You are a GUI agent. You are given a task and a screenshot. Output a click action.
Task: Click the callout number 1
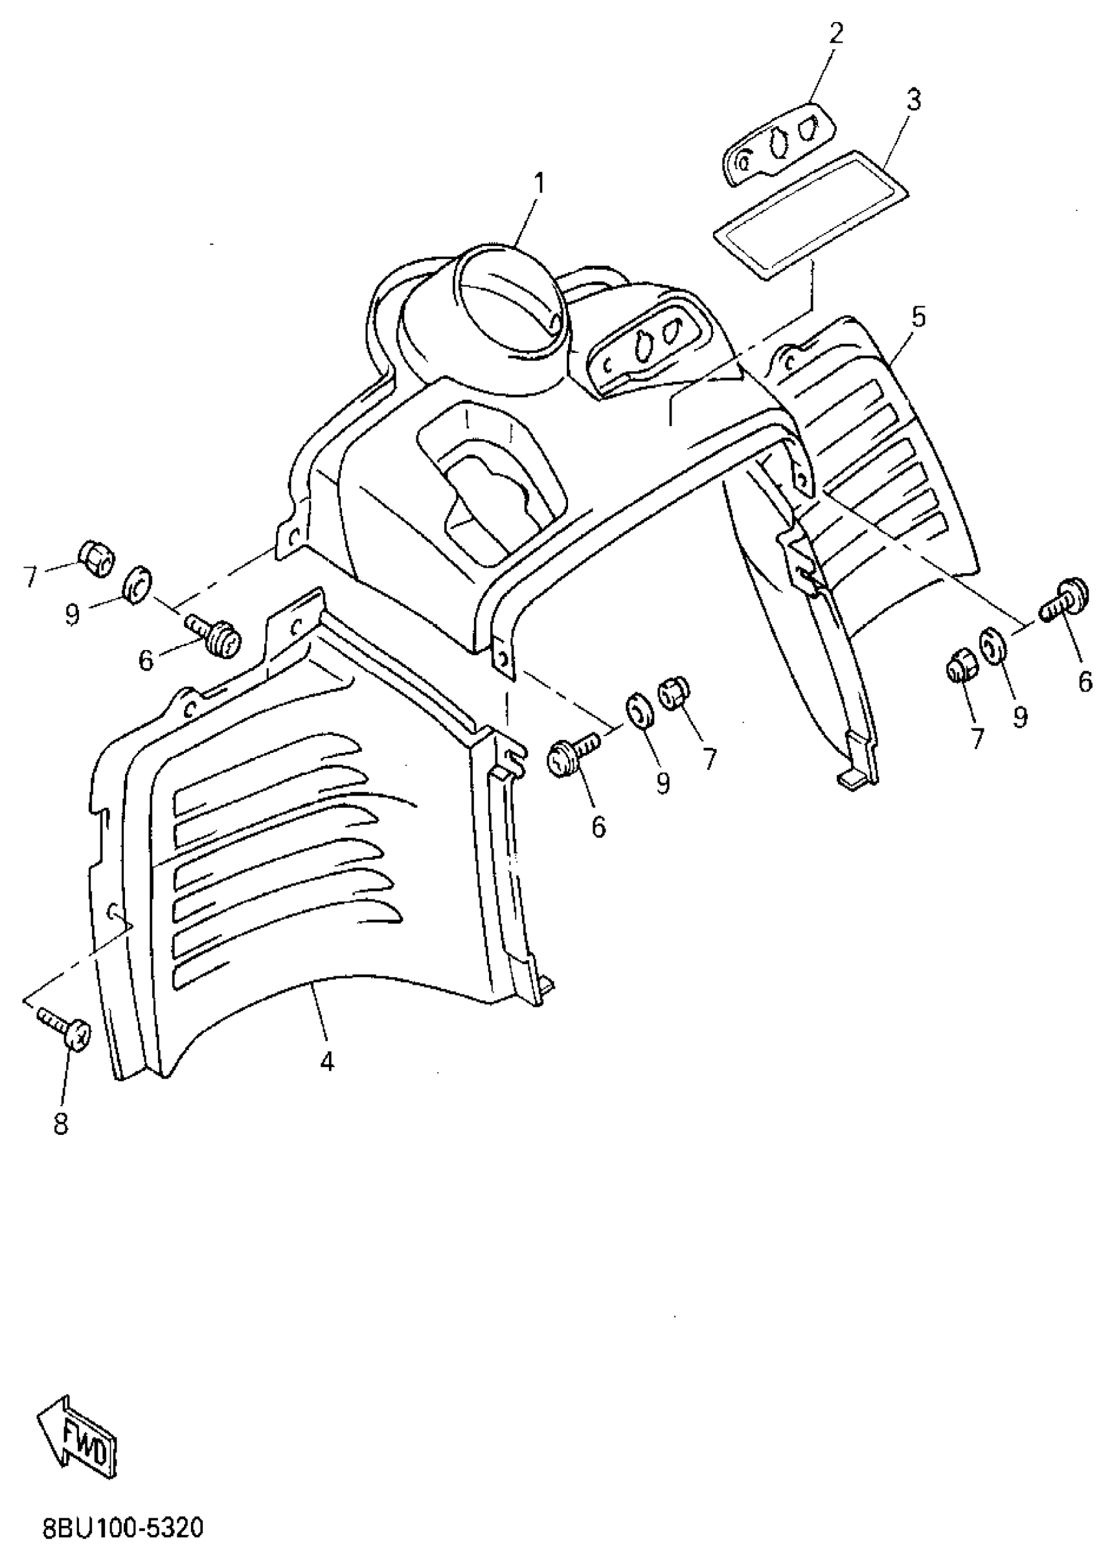click(x=539, y=184)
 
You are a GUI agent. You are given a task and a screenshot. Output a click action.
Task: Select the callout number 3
click(x=913, y=100)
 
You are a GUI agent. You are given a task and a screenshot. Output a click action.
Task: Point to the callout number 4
click(x=327, y=1061)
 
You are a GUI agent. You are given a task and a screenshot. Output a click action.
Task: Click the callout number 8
click(x=60, y=1125)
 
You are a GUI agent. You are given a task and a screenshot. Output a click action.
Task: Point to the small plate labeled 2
click(x=777, y=143)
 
